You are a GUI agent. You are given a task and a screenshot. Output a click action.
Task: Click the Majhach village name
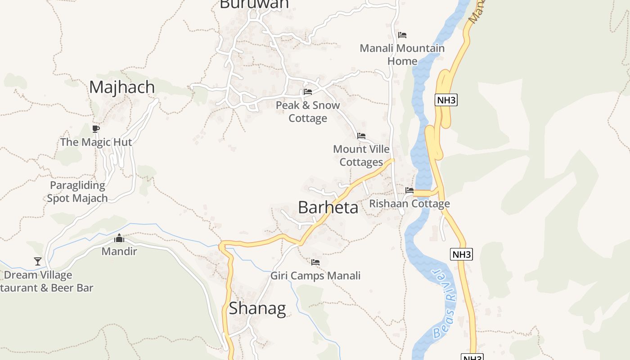[122, 87]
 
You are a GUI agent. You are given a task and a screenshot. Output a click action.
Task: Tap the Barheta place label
[328, 207]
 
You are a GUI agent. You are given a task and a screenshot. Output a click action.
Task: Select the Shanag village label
[257, 309]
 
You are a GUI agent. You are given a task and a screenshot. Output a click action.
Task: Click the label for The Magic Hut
[96, 142]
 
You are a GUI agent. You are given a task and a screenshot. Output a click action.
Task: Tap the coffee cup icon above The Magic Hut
[95, 129]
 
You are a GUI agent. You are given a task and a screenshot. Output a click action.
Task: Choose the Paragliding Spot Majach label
[77, 192]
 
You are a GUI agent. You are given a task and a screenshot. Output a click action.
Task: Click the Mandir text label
[119, 251]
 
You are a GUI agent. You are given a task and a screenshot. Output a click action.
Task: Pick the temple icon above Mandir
[119, 238]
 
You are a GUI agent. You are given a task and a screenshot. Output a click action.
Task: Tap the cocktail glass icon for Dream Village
[38, 261]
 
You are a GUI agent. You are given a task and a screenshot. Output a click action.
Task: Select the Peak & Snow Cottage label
[308, 112]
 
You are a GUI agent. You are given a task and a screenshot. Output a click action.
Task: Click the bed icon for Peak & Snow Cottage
[308, 92]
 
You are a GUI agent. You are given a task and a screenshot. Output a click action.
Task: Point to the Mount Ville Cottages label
[361, 155]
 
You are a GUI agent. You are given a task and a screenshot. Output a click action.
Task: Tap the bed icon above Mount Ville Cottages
[361, 136]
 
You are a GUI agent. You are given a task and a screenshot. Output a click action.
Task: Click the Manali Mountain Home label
[402, 54]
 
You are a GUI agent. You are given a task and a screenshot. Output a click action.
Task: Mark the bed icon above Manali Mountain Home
[402, 35]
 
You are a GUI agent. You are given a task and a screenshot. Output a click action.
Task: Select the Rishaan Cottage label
[409, 204]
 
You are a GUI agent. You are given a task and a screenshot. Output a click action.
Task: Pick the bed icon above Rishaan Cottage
[409, 190]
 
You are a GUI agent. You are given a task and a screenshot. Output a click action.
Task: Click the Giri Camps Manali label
[315, 275]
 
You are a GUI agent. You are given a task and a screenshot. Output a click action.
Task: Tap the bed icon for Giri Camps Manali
[315, 262]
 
